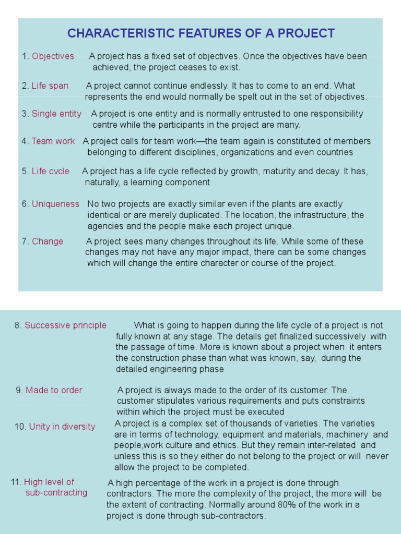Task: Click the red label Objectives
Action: [53, 56]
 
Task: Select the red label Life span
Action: [50, 86]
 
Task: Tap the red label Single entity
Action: [56, 113]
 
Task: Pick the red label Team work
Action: [53, 141]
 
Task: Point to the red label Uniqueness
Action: [55, 204]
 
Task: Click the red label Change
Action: [48, 241]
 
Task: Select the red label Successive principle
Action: [65, 325]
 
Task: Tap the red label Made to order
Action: [54, 390]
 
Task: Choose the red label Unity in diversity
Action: [62, 426]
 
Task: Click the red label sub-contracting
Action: [56, 492]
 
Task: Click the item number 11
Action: [16, 482]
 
